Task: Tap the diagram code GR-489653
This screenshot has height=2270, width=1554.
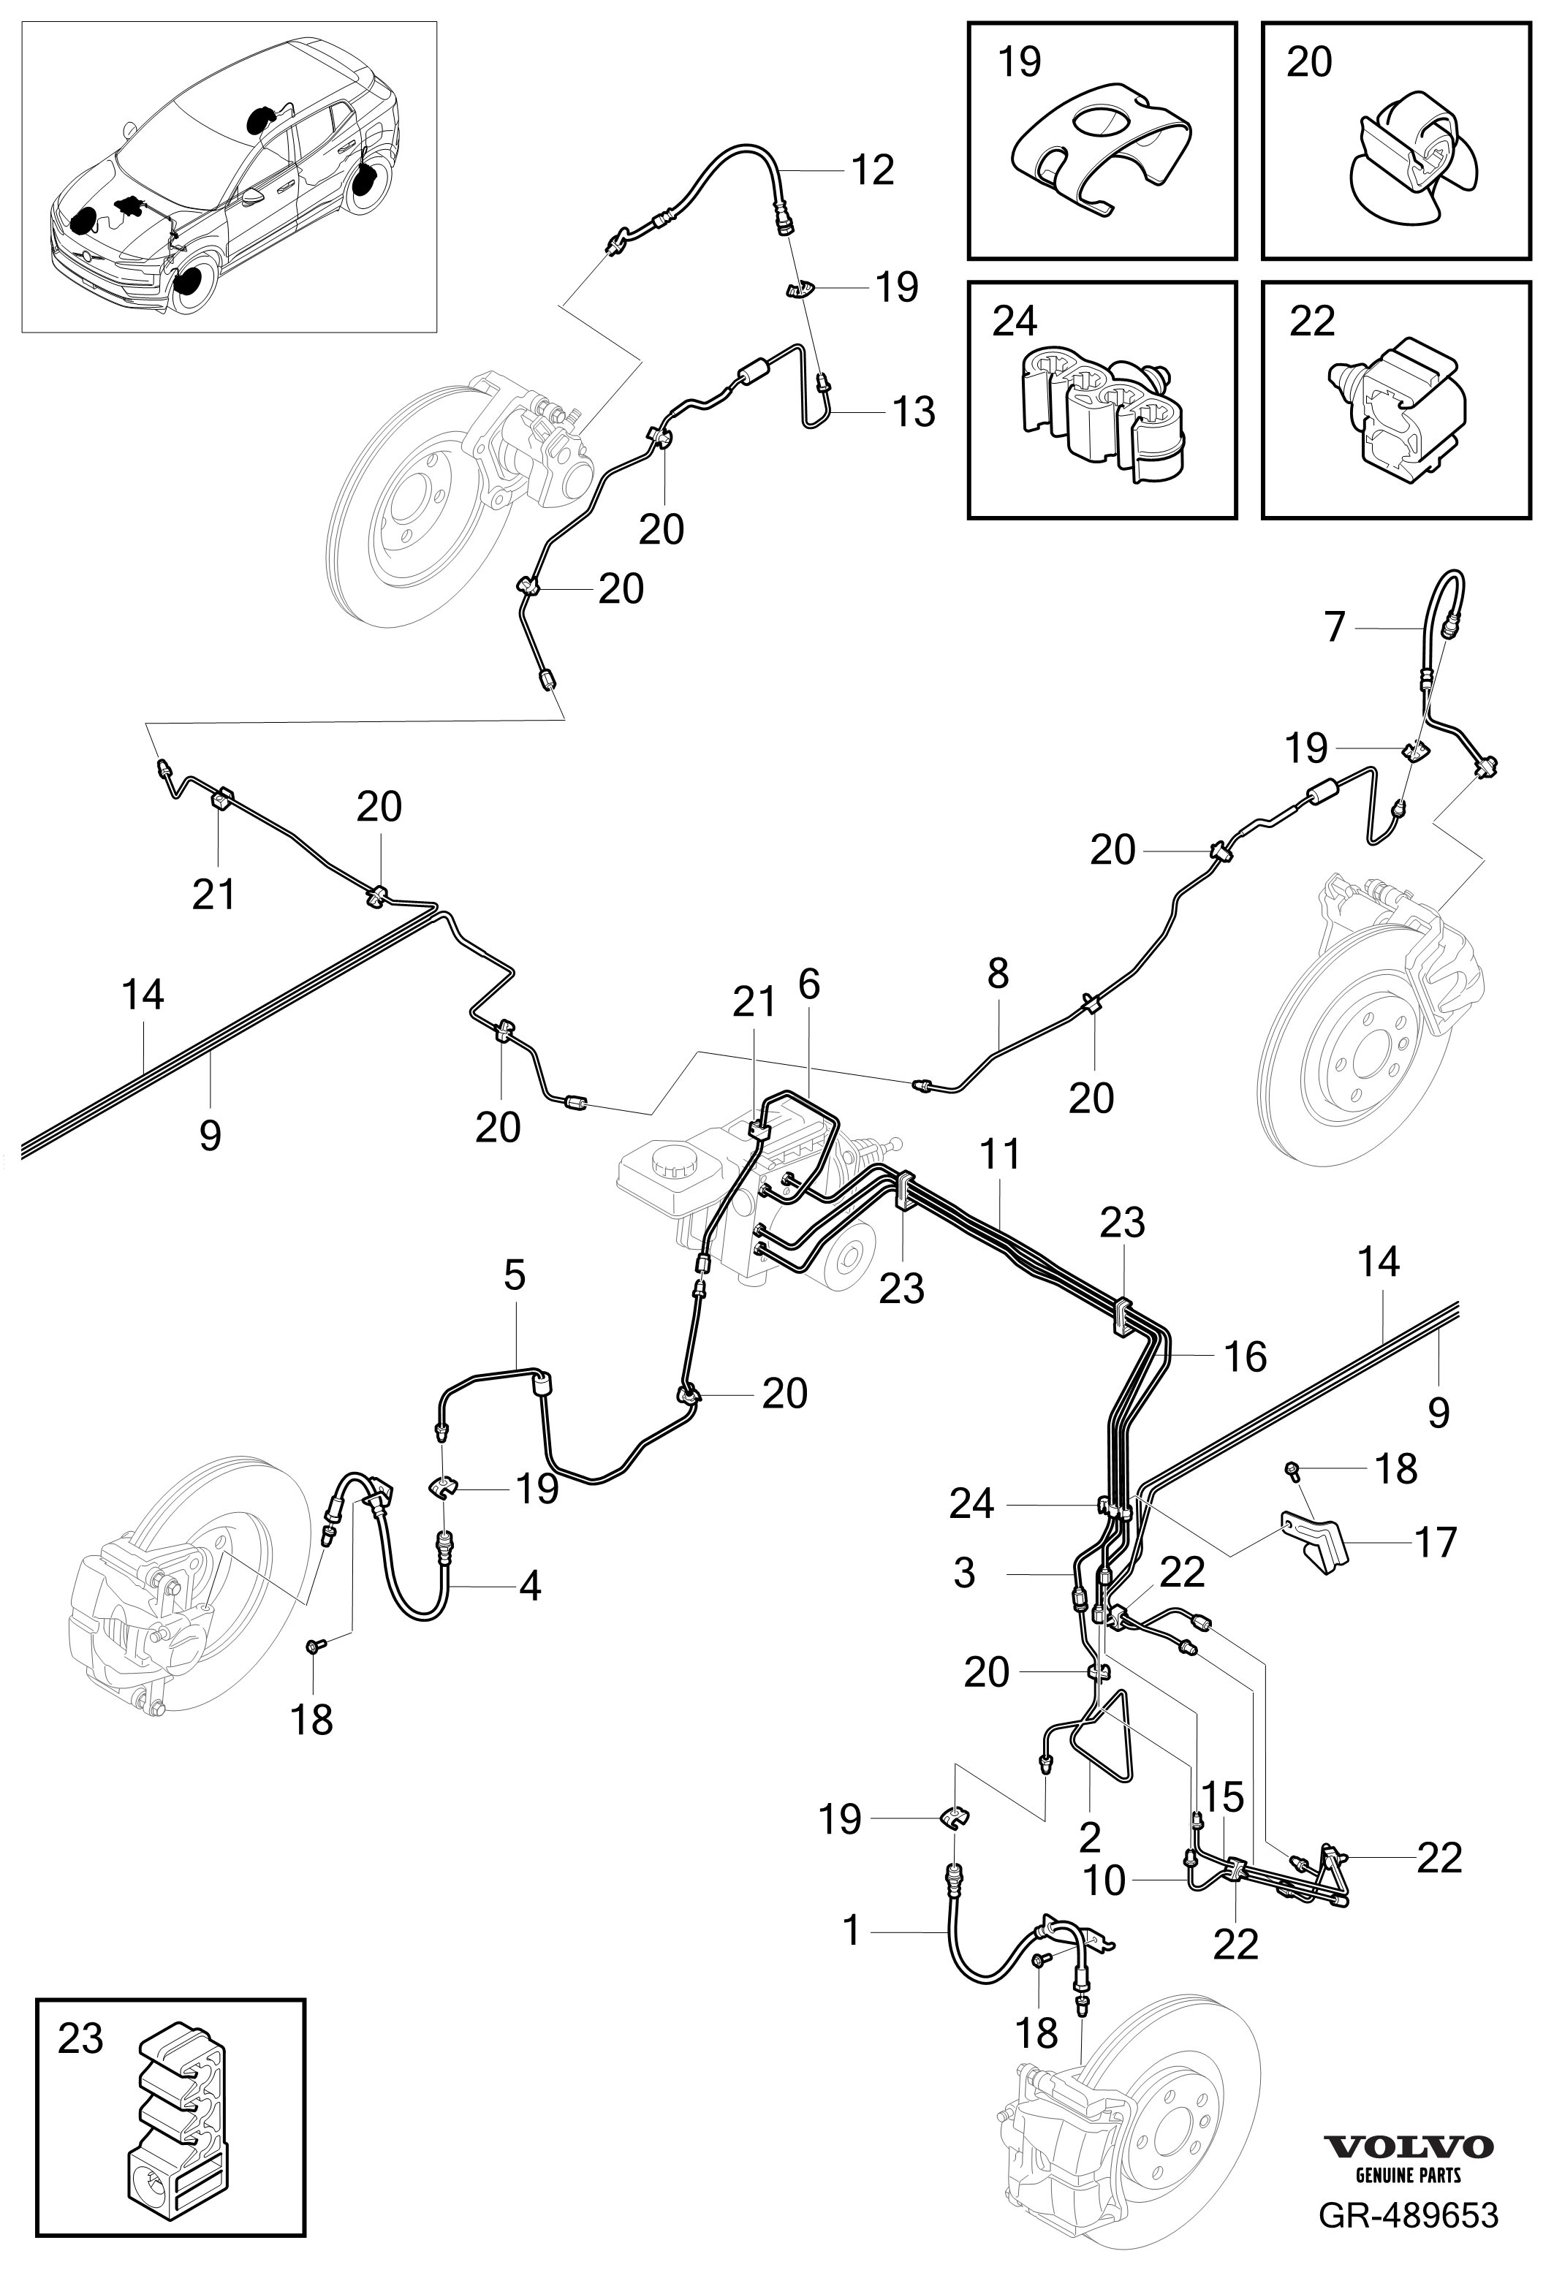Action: (x=1409, y=2237)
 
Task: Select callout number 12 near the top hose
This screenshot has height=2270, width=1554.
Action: (x=872, y=170)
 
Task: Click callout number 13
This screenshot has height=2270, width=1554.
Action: (x=913, y=411)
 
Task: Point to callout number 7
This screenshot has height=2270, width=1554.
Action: (x=1335, y=626)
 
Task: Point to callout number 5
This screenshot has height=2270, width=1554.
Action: (x=515, y=1274)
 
